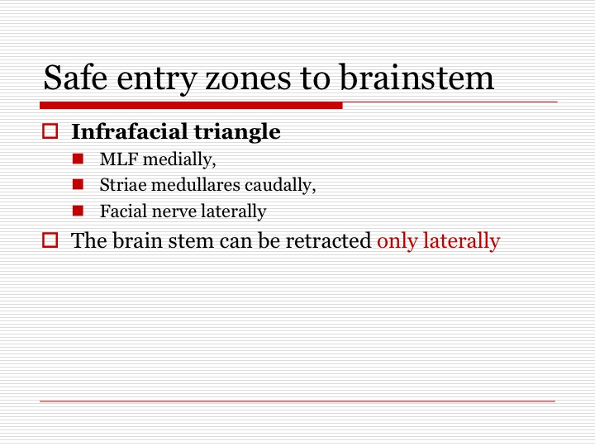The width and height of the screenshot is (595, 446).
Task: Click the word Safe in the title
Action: point(75,78)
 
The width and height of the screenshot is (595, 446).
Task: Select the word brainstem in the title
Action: point(416,78)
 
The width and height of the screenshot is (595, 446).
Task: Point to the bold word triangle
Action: point(237,132)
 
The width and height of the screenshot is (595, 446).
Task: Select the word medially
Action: point(179,159)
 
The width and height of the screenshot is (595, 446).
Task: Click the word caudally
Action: point(280,186)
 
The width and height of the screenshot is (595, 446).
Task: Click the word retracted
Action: point(328,241)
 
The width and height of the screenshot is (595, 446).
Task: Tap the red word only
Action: point(397,241)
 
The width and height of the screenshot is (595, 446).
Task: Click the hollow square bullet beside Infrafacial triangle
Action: point(50,131)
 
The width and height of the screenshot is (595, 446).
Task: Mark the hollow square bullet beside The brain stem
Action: point(50,240)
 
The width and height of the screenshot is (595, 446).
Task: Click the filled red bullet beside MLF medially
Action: point(78,159)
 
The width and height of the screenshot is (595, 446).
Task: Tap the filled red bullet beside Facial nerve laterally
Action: point(78,211)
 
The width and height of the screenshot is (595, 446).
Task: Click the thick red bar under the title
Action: point(191,106)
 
